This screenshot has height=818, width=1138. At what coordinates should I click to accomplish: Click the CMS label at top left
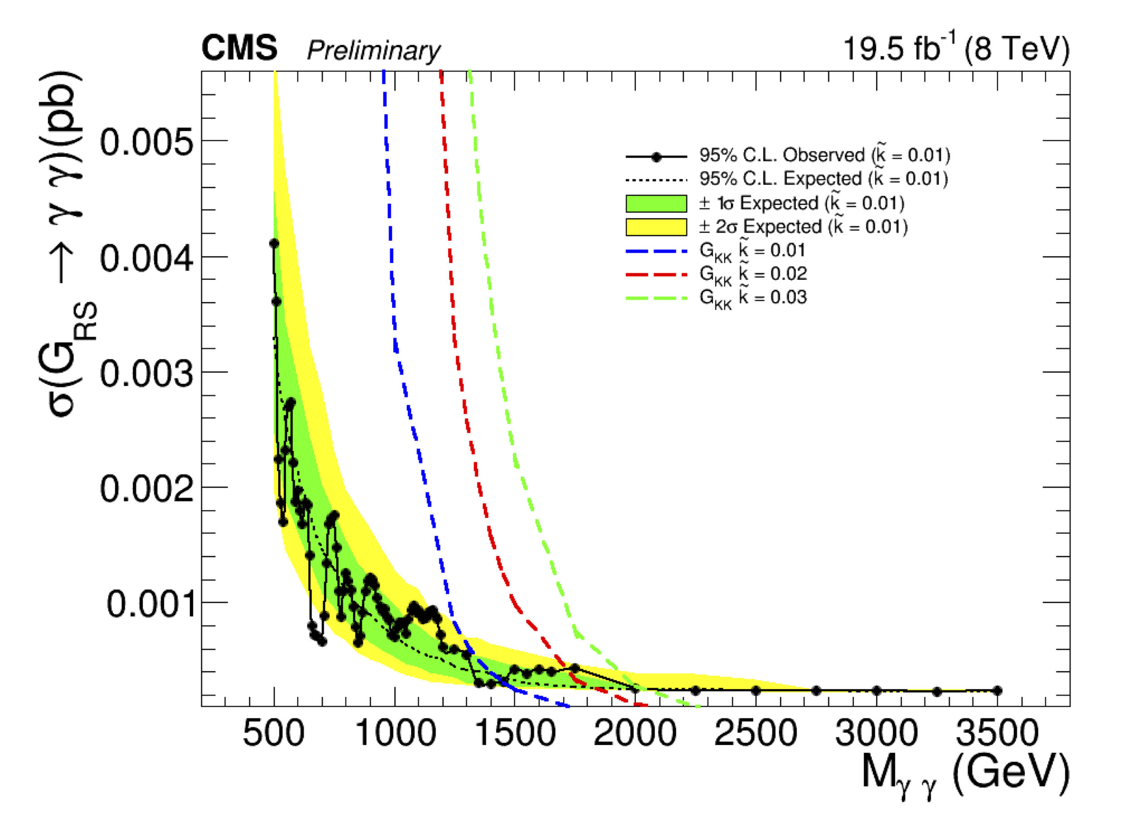(239, 48)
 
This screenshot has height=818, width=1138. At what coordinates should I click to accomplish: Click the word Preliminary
(373, 51)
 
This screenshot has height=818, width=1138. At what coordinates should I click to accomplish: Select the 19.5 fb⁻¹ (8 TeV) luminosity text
(956, 49)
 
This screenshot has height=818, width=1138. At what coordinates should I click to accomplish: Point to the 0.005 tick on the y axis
(146, 141)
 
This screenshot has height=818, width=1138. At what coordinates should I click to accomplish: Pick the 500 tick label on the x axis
(273, 733)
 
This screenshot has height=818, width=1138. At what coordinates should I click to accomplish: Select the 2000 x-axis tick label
(635, 733)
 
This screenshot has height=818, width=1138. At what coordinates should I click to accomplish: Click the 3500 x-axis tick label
(997, 733)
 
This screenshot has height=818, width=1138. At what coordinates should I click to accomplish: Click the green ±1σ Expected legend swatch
(656, 204)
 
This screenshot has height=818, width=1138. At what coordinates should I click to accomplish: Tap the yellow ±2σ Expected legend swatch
(656, 227)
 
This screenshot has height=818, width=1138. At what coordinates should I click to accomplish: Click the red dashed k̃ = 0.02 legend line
(656, 274)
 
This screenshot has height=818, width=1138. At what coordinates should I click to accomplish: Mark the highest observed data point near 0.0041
(274, 243)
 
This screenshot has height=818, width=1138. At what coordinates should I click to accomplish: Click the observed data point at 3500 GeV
(998, 691)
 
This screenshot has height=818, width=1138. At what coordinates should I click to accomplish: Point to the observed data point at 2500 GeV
(756, 691)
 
